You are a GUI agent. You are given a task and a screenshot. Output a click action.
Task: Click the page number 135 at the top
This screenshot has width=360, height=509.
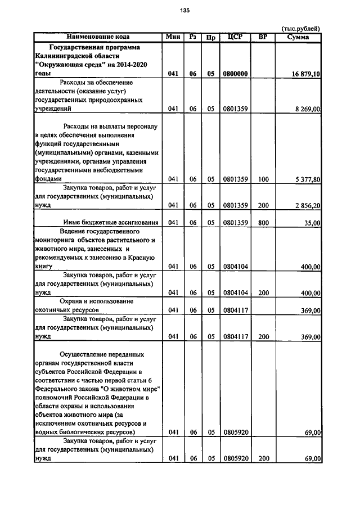click(184, 10)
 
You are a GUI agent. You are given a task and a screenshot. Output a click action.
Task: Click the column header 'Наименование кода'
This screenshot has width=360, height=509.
click(98, 37)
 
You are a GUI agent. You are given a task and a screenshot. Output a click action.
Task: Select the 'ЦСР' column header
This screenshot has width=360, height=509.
click(235, 37)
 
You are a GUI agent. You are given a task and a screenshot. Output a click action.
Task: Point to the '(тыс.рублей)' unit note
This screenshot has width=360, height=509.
click(301, 29)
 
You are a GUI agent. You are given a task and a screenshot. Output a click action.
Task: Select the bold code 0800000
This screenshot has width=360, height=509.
click(235, 74)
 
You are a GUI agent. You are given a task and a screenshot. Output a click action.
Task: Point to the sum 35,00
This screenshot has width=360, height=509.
click(311, 223)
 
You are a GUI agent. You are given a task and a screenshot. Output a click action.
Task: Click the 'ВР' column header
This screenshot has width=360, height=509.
click(263, 37)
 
